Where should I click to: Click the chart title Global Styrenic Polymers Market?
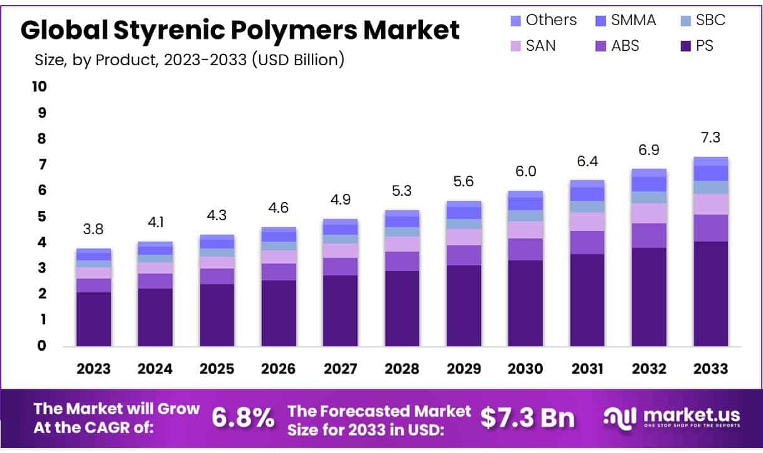coord(240,29)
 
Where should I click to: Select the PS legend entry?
coord(696,46)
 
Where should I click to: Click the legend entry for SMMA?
coord(625,20)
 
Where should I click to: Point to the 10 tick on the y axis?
coord(40,87)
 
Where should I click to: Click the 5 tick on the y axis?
coord(42,216)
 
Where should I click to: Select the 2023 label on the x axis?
coord(93,368)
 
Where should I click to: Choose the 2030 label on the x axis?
coord(525,368)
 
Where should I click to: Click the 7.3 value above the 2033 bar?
coord(711,137)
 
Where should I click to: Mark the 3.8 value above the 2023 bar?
coord(93,230)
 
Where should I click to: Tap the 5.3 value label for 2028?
coord(402,191)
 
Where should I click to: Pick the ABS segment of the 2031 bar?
coord(587,242)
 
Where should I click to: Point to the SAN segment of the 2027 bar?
coord(340,250)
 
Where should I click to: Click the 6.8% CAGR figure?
coord(242,417)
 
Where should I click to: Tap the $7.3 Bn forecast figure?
coord(528,417)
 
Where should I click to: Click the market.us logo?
coord(671,417)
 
